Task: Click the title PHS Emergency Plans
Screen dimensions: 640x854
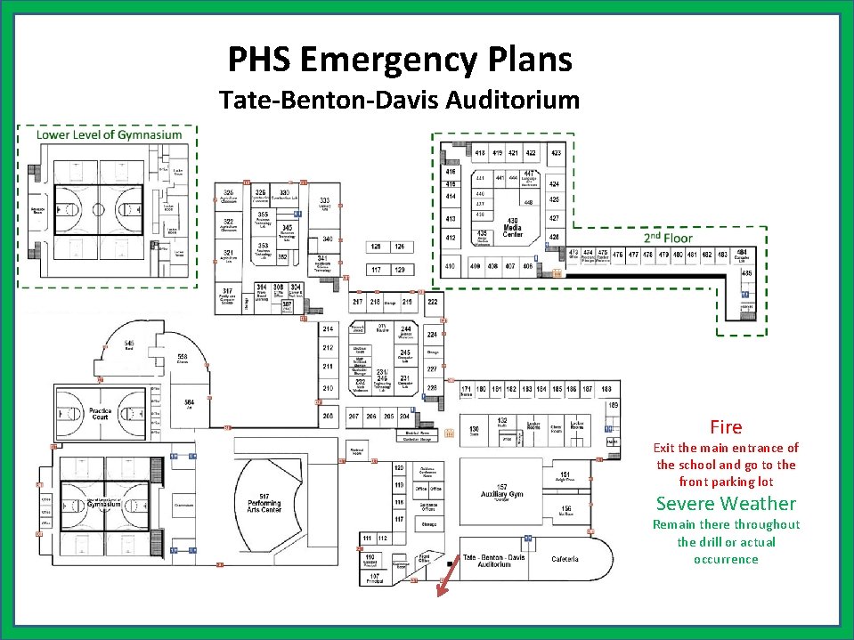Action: (400, 60)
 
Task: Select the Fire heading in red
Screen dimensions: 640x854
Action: (726, 427)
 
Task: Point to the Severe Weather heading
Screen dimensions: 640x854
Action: (726, 504)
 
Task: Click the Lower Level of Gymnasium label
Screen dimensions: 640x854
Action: (109, 135)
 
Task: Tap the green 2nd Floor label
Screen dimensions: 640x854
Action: (668, 239)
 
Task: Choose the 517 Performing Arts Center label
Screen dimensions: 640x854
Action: (264, 502)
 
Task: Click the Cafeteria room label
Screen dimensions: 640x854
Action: (565, 559)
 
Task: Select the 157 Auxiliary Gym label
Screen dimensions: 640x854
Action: (503, 490)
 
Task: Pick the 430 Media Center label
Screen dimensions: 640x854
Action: (513, 226)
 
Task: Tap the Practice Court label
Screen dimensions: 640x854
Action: (101, 414)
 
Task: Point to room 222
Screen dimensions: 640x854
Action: (432, 303)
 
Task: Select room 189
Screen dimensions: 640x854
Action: (613, 405)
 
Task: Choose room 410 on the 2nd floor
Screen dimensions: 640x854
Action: (451, 266)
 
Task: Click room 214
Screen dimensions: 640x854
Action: (328, 330)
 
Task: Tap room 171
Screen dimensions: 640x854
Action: (467, 389)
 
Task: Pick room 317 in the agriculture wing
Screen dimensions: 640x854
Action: (229, 295)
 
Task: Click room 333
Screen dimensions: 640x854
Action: (326, 202)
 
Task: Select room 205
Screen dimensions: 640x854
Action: (328, 416)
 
